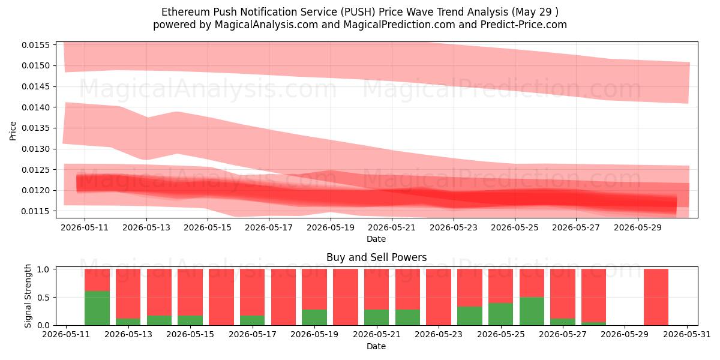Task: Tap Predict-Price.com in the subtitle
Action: coord(524,25)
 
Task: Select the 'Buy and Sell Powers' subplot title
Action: coord(376,257)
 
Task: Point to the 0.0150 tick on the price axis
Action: coord(36,65)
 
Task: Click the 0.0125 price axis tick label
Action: coord(36,170)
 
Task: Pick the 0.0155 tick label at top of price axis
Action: coord(36,45)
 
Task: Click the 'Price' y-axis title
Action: coord(13,131)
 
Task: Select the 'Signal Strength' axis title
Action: coord(28,296)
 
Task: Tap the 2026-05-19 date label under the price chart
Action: coord(331,227)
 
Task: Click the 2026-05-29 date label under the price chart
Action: coord(638,227)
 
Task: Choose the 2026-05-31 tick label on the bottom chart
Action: coord(687,334)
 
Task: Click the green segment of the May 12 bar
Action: coord(97,308)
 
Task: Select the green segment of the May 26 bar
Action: coord(532,311)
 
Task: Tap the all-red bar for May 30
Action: coord(656,297)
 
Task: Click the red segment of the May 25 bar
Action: coord(501,286)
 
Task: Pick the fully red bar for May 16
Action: coord(221,297)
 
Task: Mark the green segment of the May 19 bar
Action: coord(314,317)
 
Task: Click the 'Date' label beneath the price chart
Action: coord(376,239)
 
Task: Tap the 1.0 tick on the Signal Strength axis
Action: coord(44,269)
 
